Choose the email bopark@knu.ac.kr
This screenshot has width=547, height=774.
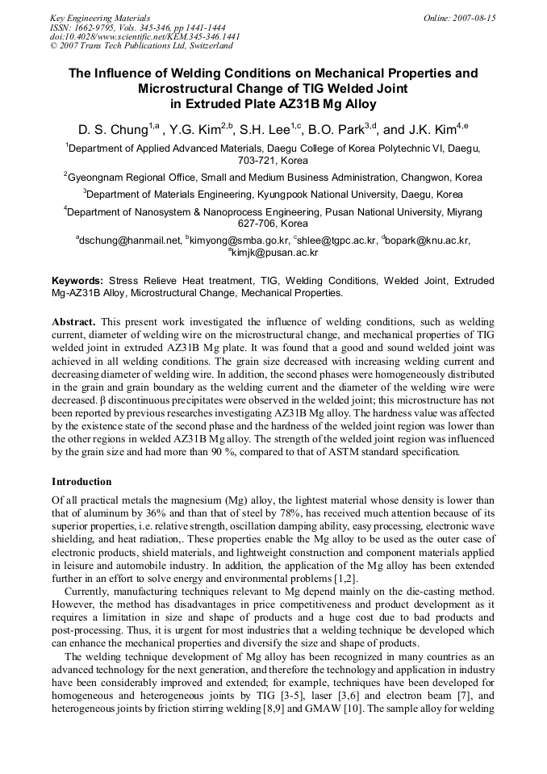click(x=428, y=240)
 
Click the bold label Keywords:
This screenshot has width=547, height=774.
click(x=77, y=280)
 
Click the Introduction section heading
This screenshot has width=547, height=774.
click(x=81, y=482)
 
